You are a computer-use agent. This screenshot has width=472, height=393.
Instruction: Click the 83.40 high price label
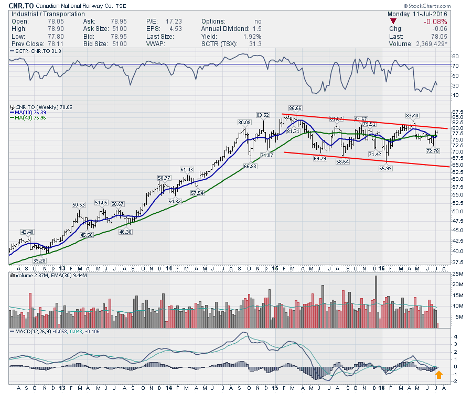[412, 115]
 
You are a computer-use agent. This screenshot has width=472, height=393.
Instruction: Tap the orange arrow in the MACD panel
[439, 374]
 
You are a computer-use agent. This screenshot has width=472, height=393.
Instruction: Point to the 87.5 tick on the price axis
[458, 112]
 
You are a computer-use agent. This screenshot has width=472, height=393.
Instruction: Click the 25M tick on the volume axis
[458, 274]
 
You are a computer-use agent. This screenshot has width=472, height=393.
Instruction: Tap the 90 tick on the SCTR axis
[456, 56]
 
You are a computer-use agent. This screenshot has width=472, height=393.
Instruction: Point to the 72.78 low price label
[432, 151]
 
